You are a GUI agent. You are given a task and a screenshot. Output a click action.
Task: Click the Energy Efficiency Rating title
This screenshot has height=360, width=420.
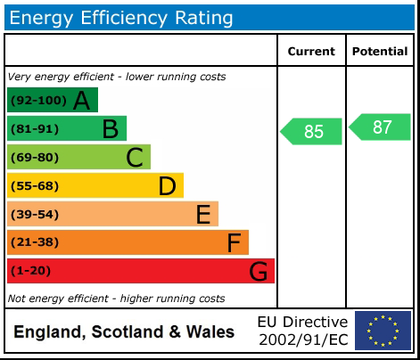121,17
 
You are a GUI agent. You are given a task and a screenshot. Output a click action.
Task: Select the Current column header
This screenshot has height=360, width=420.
311,52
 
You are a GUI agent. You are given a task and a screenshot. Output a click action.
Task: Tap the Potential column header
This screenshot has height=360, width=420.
380,52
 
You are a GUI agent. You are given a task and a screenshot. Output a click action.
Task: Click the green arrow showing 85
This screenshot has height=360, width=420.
312,131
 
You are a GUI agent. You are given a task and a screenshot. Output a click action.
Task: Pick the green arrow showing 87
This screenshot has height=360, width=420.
381,127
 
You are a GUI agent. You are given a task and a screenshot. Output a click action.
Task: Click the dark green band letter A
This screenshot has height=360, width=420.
82,101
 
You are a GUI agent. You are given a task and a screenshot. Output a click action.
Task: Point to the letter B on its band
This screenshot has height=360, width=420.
110,129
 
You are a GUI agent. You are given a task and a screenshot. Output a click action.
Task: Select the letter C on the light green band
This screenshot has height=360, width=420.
135,158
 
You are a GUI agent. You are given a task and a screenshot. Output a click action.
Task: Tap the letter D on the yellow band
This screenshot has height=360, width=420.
167,186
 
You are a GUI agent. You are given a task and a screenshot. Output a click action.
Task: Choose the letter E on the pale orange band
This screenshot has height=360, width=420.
202,215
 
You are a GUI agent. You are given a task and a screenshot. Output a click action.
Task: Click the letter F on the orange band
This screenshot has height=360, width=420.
234,242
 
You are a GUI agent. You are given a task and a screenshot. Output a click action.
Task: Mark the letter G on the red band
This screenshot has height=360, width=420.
259,271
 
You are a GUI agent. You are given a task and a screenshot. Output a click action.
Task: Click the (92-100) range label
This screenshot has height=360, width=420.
37,101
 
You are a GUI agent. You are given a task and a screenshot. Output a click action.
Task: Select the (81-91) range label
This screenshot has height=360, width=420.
35,129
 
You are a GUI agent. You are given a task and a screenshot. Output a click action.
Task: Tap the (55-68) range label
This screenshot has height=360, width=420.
35,186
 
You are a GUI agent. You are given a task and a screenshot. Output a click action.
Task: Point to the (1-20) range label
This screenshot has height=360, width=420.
31,271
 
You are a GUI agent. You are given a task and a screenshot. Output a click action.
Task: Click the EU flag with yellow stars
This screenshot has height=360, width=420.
383,331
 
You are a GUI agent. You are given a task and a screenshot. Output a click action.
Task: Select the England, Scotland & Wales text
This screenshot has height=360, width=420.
124,332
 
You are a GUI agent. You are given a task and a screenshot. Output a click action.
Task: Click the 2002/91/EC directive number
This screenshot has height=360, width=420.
302,340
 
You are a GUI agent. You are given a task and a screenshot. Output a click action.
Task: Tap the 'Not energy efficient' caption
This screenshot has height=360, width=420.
116,299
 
